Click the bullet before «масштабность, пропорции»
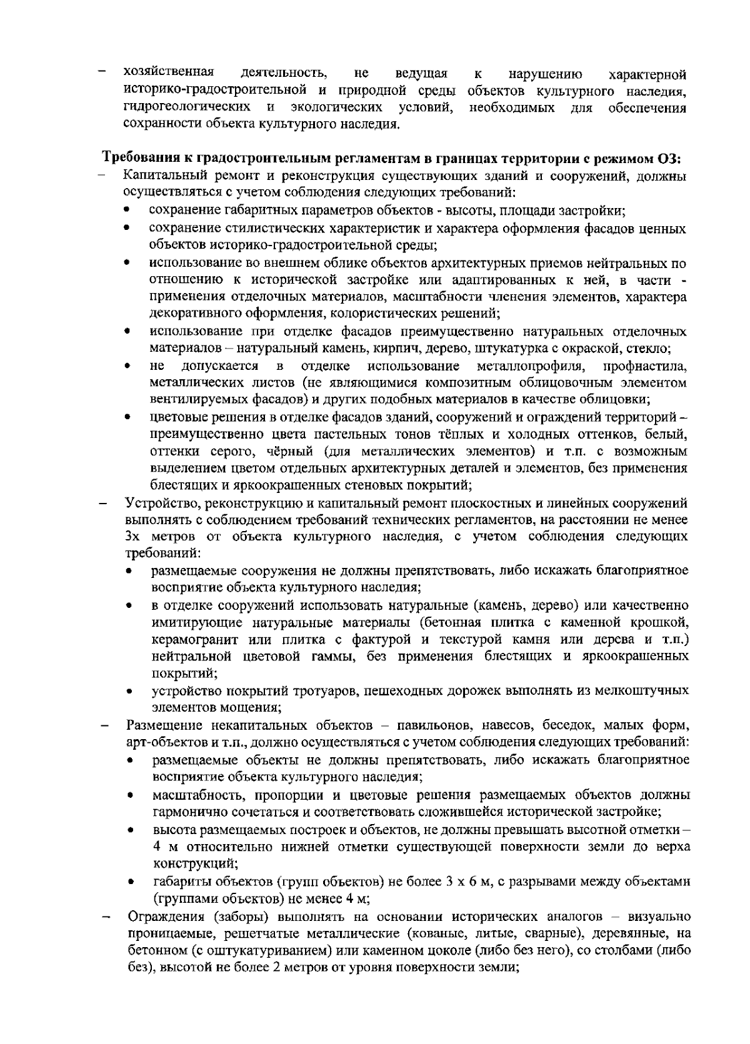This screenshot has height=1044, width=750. pos(130,797)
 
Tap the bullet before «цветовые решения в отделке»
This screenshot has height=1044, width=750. pos(127,417)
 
